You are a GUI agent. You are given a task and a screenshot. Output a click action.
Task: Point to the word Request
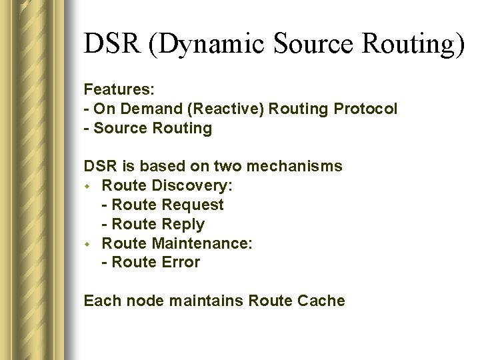193,205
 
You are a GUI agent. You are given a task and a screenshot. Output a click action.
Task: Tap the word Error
179,263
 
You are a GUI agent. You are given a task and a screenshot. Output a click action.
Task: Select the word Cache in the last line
321,301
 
